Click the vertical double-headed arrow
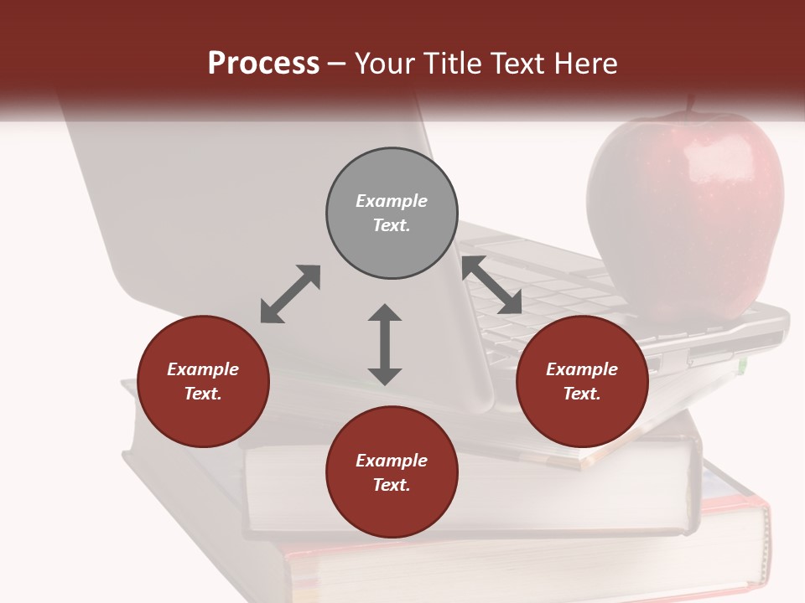(385, 344)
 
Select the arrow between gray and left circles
(290, 294)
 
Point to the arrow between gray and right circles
(492, 285)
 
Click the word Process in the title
(263, 64)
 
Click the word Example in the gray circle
(392, 201)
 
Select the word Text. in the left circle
(203, 394)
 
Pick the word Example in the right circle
(582, 369)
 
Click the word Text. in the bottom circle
(392, 485)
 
